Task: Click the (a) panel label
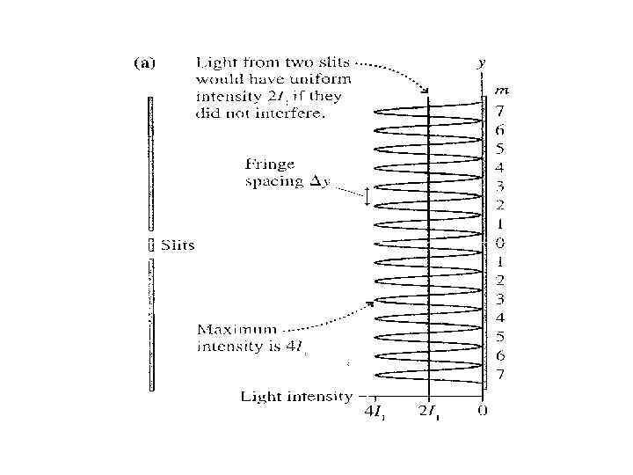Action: (x=143, y=63)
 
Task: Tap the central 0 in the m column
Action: (x=499, y=243)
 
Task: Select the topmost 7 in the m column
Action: (x=499, y=112)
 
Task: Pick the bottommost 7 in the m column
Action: (x=499, y=375)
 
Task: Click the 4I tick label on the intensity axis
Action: (x=375, y=411)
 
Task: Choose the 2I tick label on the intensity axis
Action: (x=429, y=411)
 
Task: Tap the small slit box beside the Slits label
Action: (x=150, y=245)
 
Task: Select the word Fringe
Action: (x=271, y=164)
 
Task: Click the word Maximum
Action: (x=230, y=330)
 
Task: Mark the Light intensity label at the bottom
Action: (x=296, y=397)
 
